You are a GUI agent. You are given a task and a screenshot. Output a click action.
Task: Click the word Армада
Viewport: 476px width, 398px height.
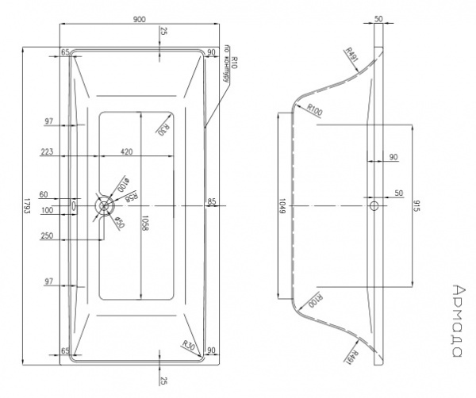point(461,317)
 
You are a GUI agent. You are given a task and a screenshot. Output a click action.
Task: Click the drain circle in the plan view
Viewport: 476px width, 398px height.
point(102,205)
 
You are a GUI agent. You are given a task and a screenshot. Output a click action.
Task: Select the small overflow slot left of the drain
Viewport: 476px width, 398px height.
point(75,205)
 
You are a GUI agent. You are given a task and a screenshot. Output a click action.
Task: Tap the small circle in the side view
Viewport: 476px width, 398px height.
point(374,205)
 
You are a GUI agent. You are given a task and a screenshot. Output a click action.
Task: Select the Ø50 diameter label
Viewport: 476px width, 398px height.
point(117,222)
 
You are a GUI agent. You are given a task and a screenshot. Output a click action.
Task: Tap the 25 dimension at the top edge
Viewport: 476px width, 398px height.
point(163,32)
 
